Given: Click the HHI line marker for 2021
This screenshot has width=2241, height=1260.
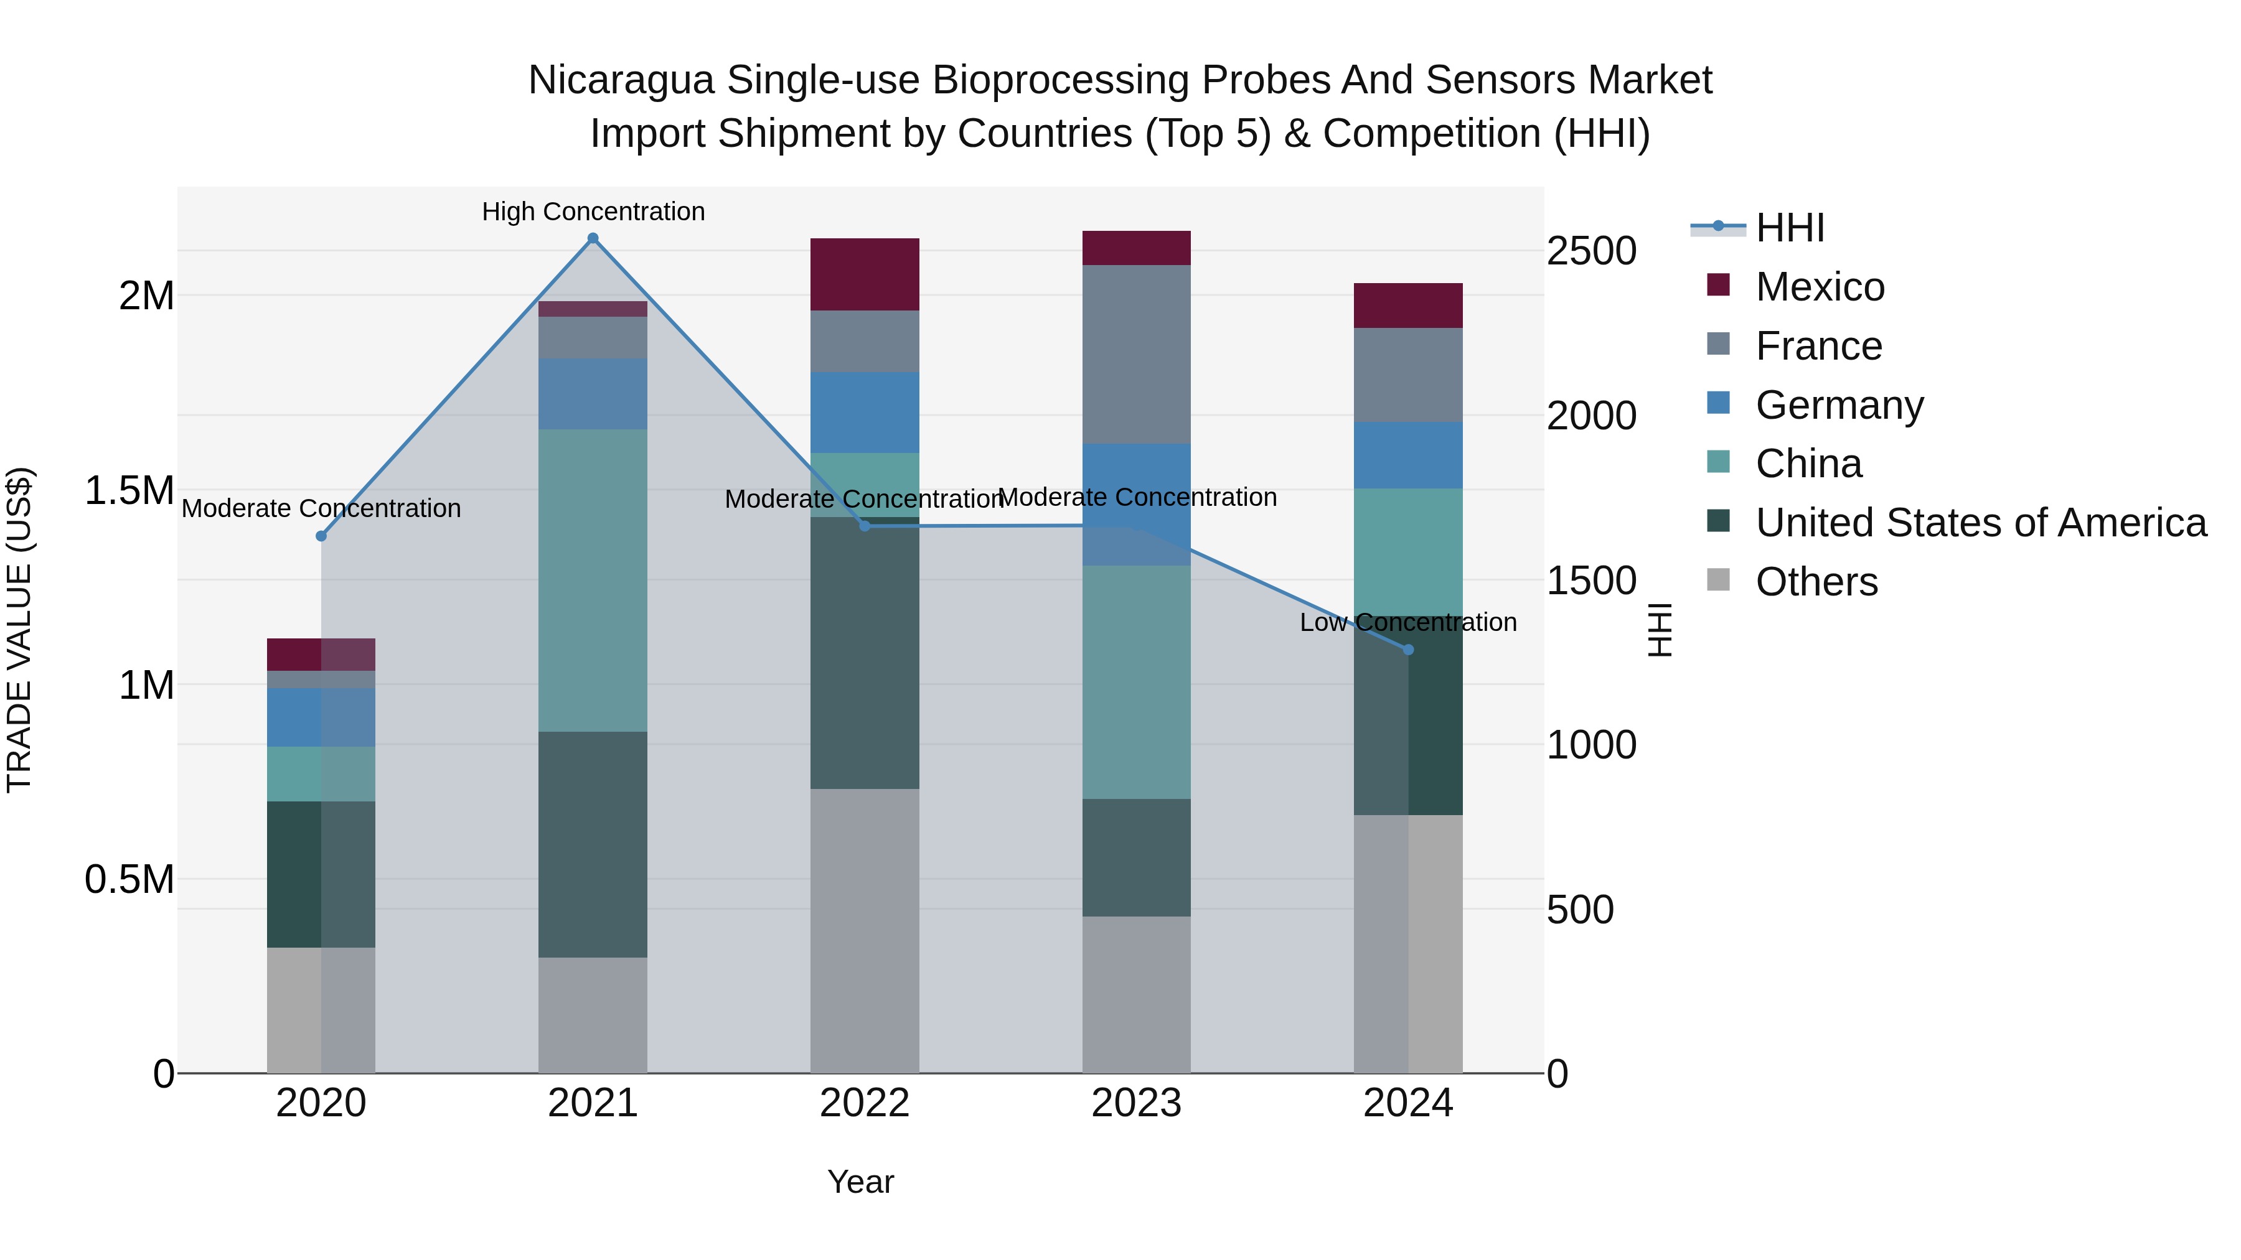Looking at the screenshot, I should click(x=593, y=238).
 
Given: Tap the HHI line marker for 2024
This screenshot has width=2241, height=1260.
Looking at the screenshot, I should click(x=1409, y=650).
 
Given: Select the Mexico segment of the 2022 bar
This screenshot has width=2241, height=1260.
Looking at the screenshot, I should click(x=864, y=274).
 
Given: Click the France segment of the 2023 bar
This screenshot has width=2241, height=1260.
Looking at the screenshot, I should click(x=1136, y=354).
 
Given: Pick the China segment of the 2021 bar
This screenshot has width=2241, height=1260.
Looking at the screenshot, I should click(x=593, y=579).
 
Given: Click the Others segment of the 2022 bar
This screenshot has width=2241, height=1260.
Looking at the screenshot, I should click(x=864, y=930).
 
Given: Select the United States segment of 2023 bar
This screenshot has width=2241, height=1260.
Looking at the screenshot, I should click(x=1136, y=857).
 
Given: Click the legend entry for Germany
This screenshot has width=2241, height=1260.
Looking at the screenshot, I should click(x=1838, y=405).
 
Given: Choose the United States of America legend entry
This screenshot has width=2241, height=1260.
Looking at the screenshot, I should click(x=1980, y=523).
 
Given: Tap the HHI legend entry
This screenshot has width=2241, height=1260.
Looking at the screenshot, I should click(x=1788, y=228).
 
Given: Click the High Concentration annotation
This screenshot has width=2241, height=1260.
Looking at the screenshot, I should click(x=593, y=212).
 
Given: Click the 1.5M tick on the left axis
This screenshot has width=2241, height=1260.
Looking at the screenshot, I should click(x=129, y=490).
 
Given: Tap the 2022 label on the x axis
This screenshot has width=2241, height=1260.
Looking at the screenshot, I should click(x=864, y=1103).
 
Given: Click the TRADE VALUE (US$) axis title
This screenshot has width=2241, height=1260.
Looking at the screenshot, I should click(x=19, y=630).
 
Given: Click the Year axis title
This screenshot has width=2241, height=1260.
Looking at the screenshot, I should click(x=860, y=1182).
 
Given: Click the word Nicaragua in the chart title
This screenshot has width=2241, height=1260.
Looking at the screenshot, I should click(x=621, y=80).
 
